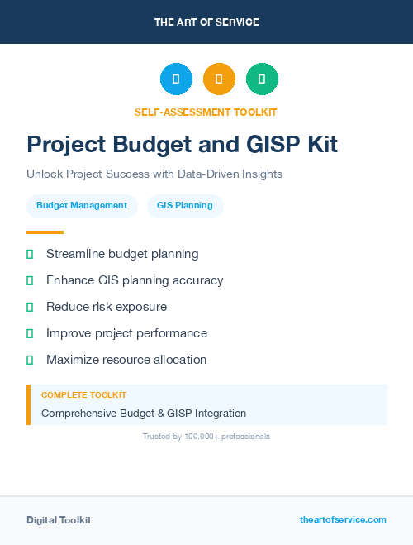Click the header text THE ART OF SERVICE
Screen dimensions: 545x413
[x=206, y=22]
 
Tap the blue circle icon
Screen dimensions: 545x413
[x=176, y=79]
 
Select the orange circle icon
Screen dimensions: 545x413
[x=219, y=79]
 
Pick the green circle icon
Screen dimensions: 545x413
[x=262, y=79]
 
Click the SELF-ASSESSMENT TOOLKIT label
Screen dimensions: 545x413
[x=206, y=112]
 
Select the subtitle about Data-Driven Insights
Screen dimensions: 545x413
[x=154, y=174]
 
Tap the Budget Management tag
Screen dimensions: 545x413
[x=82, y=206]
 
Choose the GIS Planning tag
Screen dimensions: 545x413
[x=185, y=206]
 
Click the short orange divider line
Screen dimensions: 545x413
[x=45, y=232]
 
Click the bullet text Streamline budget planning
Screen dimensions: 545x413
[x=122, y=254]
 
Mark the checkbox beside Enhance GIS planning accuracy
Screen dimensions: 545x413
[x=30, y=280]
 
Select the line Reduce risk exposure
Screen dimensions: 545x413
[x=107, y=307]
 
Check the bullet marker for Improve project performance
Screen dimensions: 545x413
[x=30, y=333]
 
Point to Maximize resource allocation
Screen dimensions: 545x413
[x=126, y=360]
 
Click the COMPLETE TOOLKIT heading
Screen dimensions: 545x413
[x=83, y=395]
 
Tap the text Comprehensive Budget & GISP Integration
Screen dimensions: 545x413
[x=144, y=413]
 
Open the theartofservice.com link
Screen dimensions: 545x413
[x=343, y=519]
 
